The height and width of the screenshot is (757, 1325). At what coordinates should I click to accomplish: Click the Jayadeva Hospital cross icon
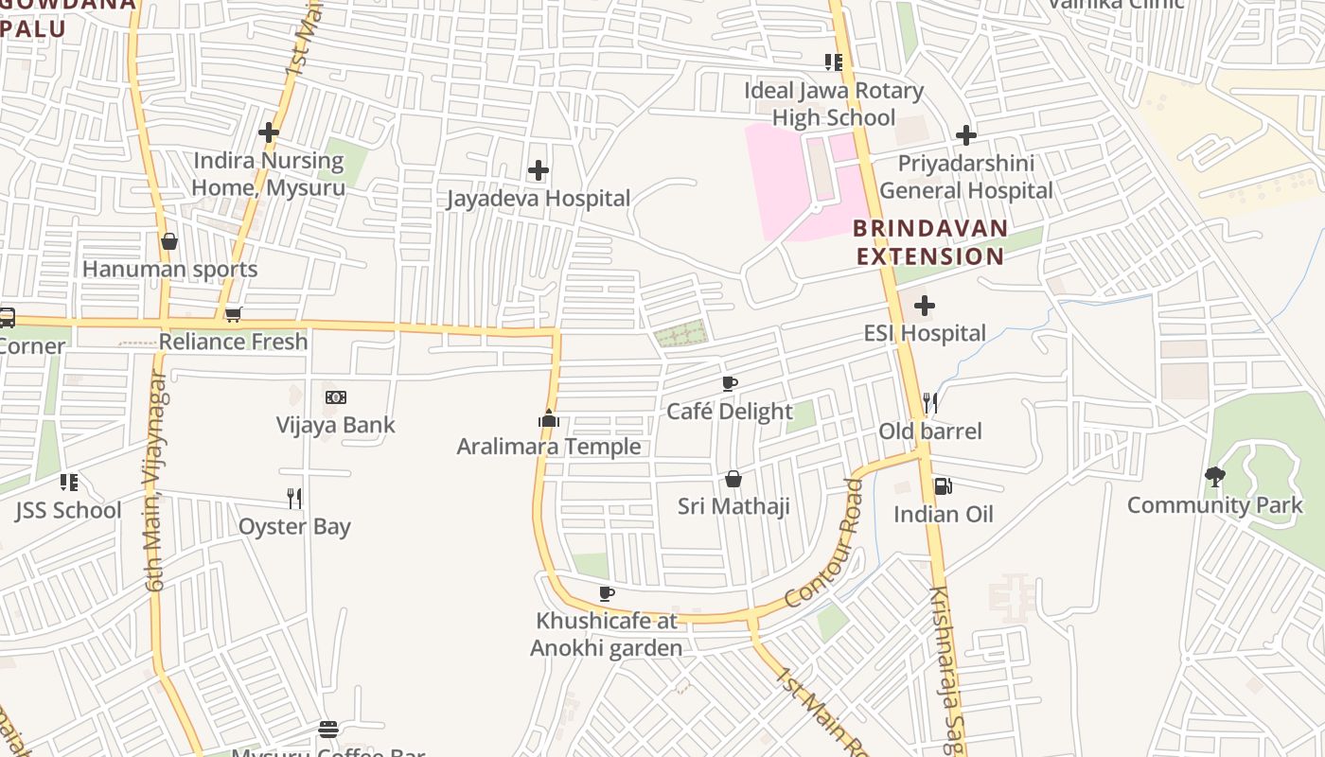[x=539, y=170]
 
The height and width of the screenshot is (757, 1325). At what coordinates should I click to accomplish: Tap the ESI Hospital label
[x=925, y=333]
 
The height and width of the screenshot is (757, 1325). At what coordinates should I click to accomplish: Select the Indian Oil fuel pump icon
[x=943, y=486]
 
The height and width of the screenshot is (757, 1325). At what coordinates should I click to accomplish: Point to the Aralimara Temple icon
[x=549, y=419]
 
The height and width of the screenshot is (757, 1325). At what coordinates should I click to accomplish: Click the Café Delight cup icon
[x=730, y=383]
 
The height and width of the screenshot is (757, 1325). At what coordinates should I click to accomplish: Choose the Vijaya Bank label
[x=335, y=425]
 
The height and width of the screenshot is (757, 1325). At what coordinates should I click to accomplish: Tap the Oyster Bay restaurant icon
[x=294, y=498]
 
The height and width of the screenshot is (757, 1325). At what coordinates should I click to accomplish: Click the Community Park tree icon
[x=1214, y=477]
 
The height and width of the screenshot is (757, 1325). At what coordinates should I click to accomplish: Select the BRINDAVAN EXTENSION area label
[x=930, y=242]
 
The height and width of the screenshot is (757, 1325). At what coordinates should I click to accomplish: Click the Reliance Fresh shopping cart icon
[x=233, y=314]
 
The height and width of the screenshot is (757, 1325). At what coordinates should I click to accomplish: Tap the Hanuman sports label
[x=169, y=270]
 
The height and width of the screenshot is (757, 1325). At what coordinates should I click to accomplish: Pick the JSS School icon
[x=69, y=483]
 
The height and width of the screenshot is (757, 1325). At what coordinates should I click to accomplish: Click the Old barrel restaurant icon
[x=930, y=404]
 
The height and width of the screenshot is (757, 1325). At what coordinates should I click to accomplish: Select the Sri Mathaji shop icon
[x=733, y=479]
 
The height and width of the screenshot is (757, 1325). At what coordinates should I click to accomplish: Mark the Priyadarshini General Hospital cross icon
[x=965, y=135]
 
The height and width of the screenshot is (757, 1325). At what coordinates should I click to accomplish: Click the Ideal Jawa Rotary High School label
[x=833, y=104]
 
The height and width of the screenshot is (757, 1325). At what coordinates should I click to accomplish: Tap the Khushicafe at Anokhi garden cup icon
[x=607, y=593]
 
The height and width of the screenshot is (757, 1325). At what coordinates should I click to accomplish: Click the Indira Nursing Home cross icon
[x=269, y=132]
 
